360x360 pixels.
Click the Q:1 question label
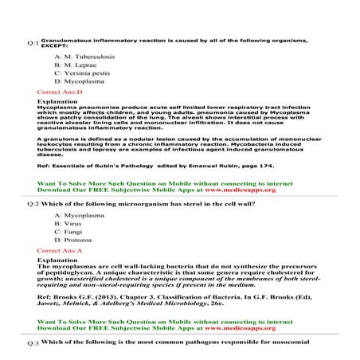pyautogui.click(x=32, y=42)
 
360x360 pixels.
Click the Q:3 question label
pyautogui.click(x=32, y=342)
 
